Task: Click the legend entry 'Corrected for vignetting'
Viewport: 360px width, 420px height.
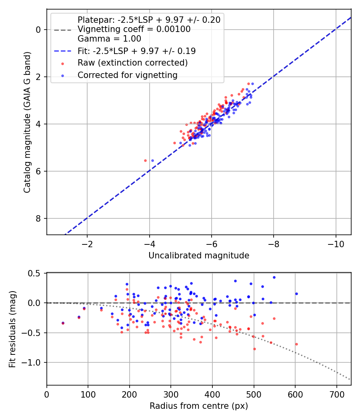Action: pos(128,75)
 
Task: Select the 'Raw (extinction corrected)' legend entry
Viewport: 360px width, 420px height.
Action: pos(132,63)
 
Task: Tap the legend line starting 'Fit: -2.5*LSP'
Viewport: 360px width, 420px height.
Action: pos(137,51)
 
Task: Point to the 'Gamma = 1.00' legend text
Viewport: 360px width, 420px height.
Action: pos(109,38)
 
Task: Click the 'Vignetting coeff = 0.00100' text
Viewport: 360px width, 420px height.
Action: pos(134,29)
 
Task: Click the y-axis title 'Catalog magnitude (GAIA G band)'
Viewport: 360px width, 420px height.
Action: pos(27,122)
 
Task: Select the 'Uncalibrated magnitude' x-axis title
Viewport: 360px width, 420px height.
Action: pos(199,255)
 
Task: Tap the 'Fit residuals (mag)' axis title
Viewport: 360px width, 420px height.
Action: pos(12,329)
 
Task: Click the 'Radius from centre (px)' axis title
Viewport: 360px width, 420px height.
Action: pos(199,406)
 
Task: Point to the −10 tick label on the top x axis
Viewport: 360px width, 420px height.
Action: pos(336,244)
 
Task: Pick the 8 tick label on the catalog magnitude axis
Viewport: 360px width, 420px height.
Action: pos(38,218)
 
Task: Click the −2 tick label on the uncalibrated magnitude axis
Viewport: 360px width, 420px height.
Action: pos(87,244)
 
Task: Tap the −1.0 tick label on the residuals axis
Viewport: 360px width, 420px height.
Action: pos(31,363)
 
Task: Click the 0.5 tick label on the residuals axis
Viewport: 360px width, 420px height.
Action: pos(34,274)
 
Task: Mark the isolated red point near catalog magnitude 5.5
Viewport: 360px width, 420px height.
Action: pos(146,161)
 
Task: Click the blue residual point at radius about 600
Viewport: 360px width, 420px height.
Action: pos(296,294)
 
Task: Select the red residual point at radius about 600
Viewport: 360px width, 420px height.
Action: pos(296,344)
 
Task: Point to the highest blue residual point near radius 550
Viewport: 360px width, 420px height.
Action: pos(274,278)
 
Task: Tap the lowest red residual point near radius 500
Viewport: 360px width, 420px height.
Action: pos(254,349)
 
